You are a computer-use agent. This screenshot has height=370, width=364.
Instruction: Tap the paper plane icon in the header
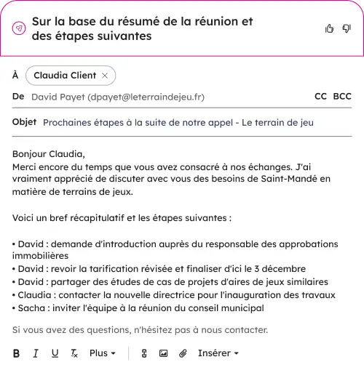(x=19, y=28)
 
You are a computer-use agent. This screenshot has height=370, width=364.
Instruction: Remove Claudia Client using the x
(x=106, y=76)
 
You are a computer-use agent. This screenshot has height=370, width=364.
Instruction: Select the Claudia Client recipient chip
(x=66, y=76)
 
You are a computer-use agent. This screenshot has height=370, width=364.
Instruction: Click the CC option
(x=320, y=96)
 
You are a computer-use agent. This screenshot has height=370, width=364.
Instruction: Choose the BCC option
(x=342, y=96)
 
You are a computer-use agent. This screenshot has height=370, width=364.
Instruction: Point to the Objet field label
(x=24, y=122)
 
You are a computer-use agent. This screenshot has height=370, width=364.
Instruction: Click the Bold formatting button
(x=17, y=353)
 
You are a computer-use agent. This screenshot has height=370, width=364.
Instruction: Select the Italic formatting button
(x=35, y=353)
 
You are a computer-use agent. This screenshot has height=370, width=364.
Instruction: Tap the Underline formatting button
(x=55, y=353)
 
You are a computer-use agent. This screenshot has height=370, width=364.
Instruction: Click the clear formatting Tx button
(x=74, y=353)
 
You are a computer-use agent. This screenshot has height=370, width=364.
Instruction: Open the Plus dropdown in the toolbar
(x=103, y=353)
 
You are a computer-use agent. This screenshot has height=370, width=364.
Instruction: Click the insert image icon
(x=163, y=353)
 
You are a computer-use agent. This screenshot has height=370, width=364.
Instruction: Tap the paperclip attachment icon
(x=183, y=353)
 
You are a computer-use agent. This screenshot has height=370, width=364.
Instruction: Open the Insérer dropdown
(x=218, y=353)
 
